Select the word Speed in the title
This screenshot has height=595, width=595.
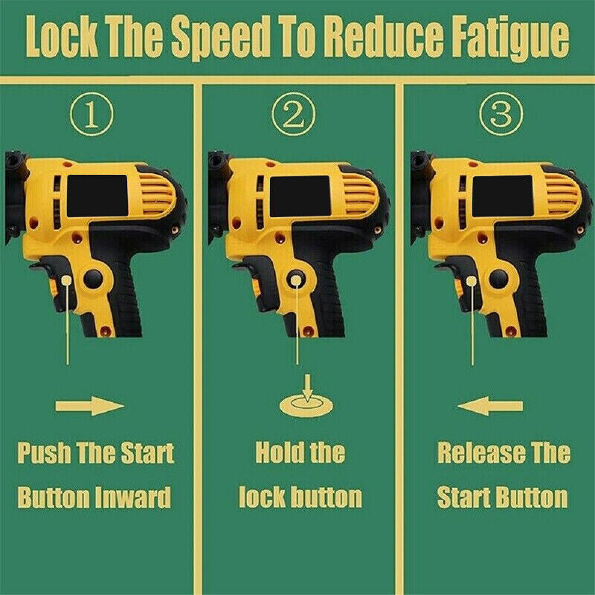pyautogui.click(x=221, y=38)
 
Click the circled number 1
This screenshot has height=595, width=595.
pyautogui.click(x=91, y=115)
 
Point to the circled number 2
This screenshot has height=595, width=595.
pyautogui.click(x=294, y=115)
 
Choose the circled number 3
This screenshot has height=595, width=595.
pyautogui.click(x=501, y=115)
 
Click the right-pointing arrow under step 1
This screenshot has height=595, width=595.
pyautogui.click(x=89, y=406)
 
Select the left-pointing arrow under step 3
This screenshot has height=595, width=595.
pyautogui.click(x=490, y=406)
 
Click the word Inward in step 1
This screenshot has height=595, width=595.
pyautogui.click(x=133, y=498)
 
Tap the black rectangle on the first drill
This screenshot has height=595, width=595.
pyautogui.click(x=97, y=196)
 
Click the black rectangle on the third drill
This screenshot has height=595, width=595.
pyautogui.click(x=503, y=196)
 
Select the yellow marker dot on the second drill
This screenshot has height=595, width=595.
pyautogui.click(x=296, y=280)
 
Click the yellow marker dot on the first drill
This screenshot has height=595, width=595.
pyautogui.click(x=67, y=280)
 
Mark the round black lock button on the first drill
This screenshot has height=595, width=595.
pyautogui.click(x=93, y=279)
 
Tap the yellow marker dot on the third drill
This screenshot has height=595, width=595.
pyautogui.click(x=472, y=281)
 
